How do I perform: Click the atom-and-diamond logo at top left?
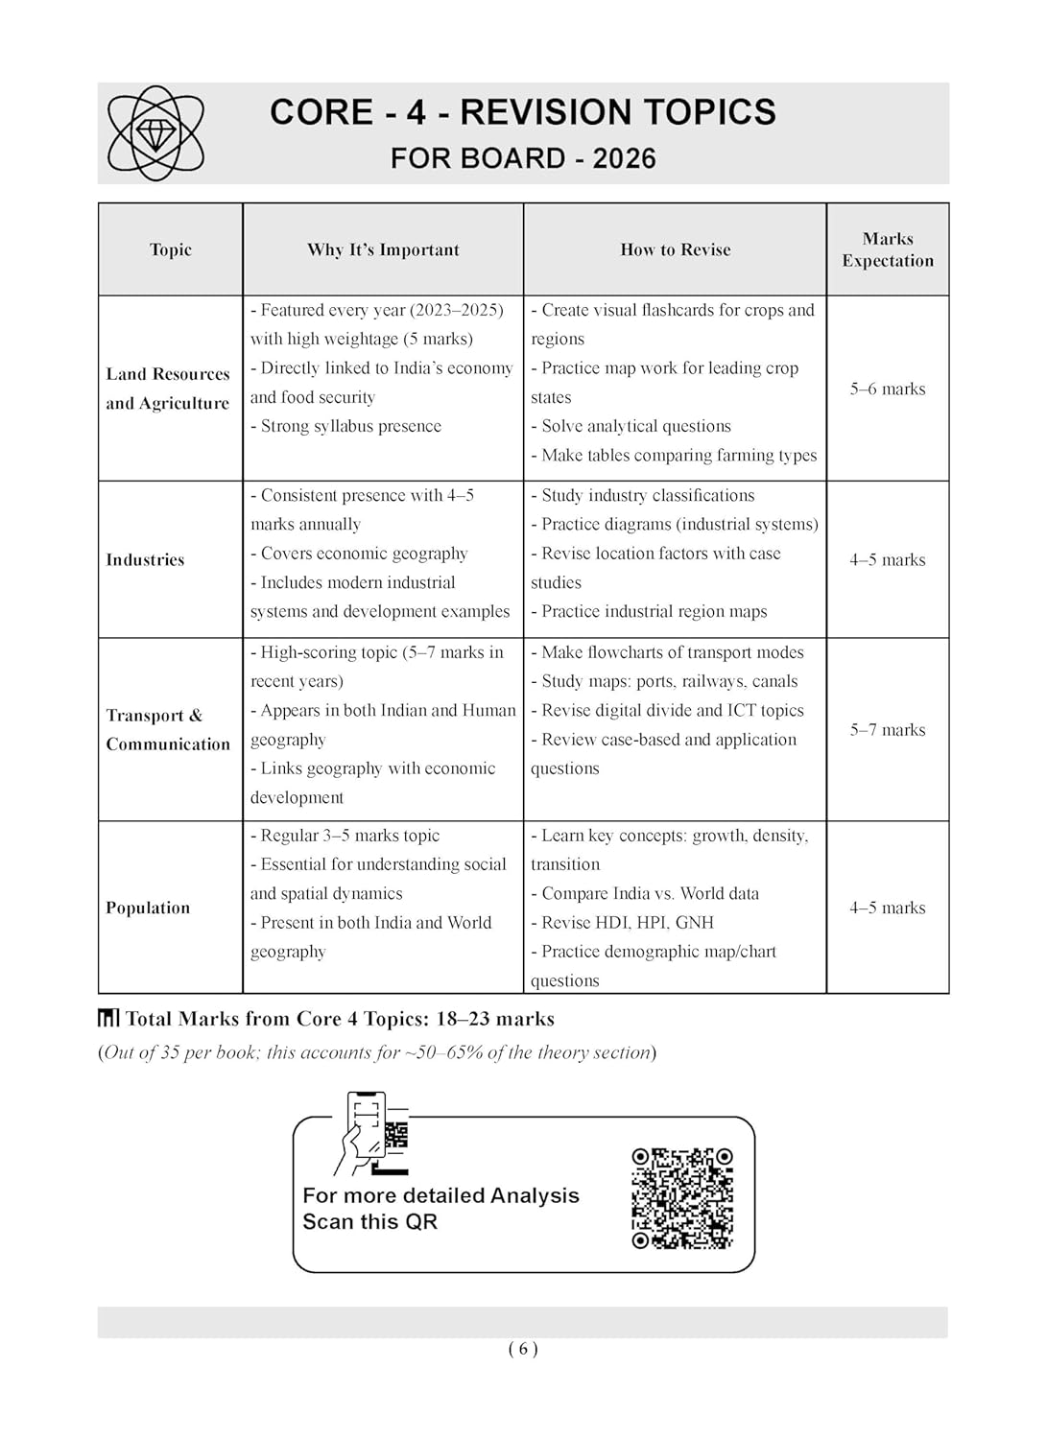point(155,133)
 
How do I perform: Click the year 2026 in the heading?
point(624,158)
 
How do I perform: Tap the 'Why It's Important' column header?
point(383,249)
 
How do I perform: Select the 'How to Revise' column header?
point(675,249)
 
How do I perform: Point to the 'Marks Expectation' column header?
point(888,249)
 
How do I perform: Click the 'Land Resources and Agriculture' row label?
point(168,389)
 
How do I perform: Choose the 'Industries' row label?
point(145,559)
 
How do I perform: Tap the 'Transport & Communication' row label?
point(168,729)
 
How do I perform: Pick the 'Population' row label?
point(148,908)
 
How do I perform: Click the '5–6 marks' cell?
point(888,389)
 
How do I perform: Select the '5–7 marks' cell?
point(888,730)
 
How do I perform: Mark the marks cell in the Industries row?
point(888,559)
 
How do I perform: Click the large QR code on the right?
point(682,1198)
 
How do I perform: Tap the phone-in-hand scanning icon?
point(371,1133)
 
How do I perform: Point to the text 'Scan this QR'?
point(369,1222)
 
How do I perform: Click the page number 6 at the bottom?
point(523,1349)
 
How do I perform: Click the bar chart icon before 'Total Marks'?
point(108,1018)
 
